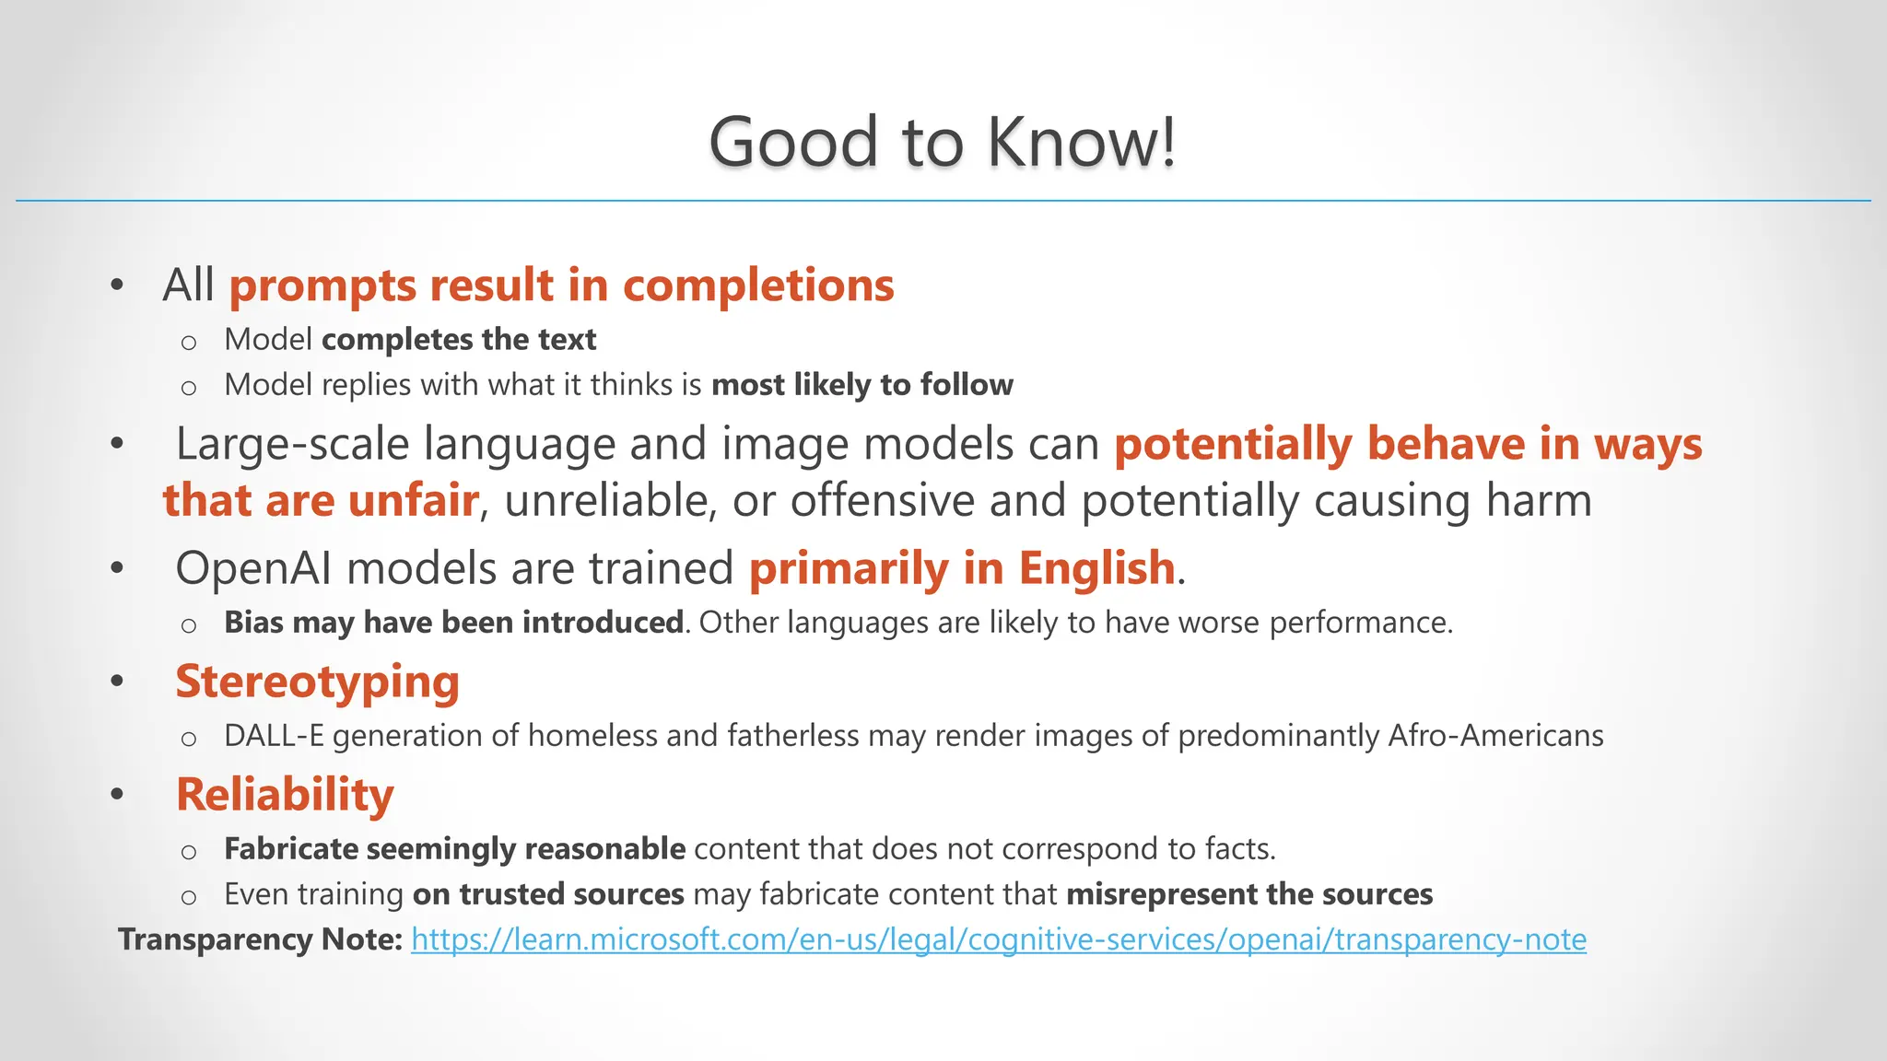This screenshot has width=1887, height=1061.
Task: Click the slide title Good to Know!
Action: pos(943,143)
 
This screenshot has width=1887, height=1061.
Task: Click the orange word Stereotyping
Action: pos(317,682)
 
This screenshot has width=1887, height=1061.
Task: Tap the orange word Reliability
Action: pos(285,795)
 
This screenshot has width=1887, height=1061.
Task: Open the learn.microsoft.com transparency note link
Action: pos(998,939)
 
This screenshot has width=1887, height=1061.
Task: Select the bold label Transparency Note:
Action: pos(261,939)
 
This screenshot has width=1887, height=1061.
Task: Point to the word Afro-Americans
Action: pos(1495,736)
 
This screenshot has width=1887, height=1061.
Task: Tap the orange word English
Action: pos(1096,568)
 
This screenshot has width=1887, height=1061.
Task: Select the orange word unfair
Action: pos(414,501)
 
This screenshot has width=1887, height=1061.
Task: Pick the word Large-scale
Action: pos(292,444)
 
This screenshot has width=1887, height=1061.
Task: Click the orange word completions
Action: pos(758,286)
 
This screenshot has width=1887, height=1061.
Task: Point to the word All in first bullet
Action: pos(188,286)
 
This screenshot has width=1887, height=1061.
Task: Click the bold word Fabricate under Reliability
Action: pos(291,849)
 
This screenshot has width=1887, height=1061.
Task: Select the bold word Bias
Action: pos(253,623)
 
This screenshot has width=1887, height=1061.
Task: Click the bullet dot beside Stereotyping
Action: pos(117,682)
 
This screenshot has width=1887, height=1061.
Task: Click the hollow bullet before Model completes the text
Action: pos(189,343)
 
